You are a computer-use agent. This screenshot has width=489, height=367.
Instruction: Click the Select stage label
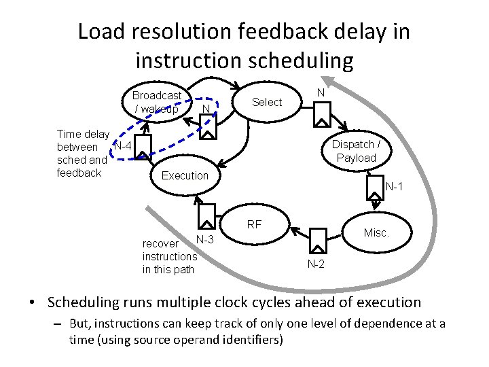(266, 102)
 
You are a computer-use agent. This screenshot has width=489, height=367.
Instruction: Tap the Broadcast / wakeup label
(156, 102)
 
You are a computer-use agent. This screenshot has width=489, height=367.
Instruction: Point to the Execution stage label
(185, 175)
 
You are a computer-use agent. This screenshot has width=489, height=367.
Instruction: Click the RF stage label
(255, 224)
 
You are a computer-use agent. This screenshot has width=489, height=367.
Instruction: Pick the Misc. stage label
(376, 232)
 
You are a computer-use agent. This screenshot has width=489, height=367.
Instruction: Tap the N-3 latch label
(204, 239)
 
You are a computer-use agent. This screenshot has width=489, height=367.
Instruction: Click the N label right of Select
(321, 92)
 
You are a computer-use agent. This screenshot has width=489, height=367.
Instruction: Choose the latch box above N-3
(206, 215)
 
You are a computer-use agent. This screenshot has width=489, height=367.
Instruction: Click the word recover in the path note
(160, 243)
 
